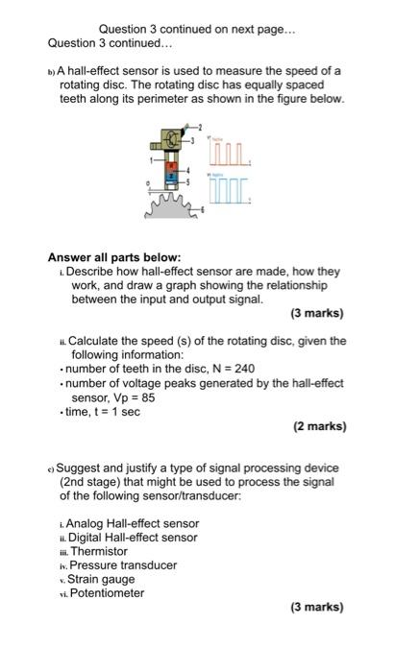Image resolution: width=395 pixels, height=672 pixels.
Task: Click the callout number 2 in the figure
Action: (201, 127)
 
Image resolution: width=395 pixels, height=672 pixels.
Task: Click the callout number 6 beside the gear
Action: (202, 209)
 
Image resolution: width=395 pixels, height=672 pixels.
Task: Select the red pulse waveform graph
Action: (231, 153)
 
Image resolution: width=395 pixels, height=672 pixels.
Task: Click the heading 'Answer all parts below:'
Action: (114, 257)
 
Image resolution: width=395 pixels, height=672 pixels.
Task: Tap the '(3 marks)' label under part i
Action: (316, 313)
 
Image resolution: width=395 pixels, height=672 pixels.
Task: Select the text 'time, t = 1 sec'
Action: (103, 412)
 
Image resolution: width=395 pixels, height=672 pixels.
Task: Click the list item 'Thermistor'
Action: (98, 552)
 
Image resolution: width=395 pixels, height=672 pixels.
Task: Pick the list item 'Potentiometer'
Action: (106, 593)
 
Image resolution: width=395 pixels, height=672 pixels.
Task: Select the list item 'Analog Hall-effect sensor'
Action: (134, 523)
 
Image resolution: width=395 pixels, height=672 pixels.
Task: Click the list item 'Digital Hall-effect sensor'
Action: (133, 538)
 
